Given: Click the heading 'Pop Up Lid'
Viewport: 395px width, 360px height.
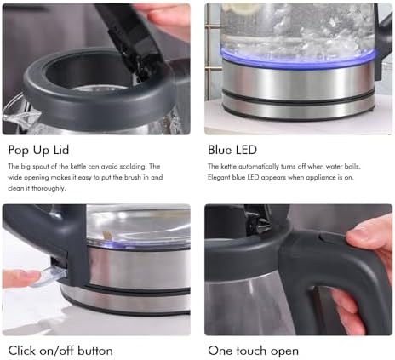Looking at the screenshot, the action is point(38,150).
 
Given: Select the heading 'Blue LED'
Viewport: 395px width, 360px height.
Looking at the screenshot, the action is point(232,150).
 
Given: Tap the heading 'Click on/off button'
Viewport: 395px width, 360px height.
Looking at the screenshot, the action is point(60,351).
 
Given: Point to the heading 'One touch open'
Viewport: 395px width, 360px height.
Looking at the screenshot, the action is point(253,351).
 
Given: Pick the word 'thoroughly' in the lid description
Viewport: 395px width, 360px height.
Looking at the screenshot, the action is point(49,188).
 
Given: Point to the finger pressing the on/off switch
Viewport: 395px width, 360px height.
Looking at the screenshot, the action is point(21,277).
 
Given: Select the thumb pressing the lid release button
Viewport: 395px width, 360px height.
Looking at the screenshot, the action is point(369,237).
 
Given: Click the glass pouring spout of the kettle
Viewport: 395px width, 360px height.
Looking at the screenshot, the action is point(20,113).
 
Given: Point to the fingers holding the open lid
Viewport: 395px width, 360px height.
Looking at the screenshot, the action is point(164,17).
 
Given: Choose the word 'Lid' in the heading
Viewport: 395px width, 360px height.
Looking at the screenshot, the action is point(61,150).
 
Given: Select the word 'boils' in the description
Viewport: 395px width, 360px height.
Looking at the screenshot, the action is point(352,166).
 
